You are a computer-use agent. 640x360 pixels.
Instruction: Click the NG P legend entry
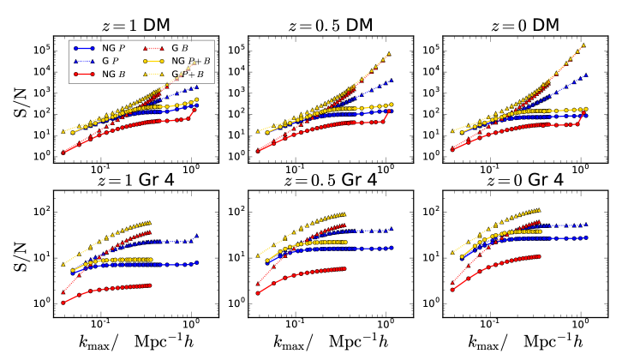95,50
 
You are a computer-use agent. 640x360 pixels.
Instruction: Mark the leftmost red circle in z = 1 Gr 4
63,302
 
